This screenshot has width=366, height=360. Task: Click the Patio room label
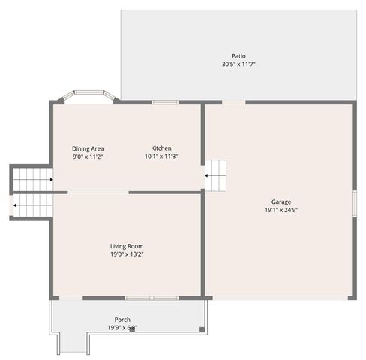[x=238, y=56]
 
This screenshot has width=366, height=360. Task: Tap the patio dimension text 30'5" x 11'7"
[x=238, y=64]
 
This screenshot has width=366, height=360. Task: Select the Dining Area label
[x=87, y=148]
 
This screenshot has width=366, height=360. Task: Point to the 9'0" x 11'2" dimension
[x=87, y=157]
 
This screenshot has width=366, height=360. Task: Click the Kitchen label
[x=161, y=148]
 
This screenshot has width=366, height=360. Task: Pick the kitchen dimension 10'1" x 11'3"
[x=161, y=157]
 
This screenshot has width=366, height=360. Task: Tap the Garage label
[x=281, y=202]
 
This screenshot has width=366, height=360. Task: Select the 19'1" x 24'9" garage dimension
[x=281, y=210]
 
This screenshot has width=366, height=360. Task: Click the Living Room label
[x=127, y=246]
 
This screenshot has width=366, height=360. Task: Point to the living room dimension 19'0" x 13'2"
[x=127, y=254]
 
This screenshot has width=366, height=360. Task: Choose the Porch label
[x=122, y=319]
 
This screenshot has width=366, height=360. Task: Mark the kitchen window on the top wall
[x=165, y=102]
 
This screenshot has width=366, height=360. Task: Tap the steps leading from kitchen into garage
[x=217, y=176]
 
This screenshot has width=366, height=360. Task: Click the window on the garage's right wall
[x=354, y=204]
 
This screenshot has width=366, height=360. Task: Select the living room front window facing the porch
[x=151, y=298]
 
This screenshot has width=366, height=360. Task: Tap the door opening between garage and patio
[x=234, y=102]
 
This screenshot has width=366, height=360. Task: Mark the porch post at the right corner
[x=202, y=328]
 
